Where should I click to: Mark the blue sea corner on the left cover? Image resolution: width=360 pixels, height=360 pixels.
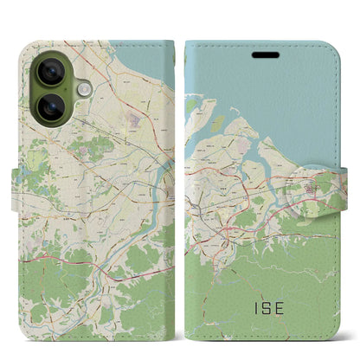(156, 61)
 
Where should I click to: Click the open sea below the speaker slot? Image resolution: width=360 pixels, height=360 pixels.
(277, 95)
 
